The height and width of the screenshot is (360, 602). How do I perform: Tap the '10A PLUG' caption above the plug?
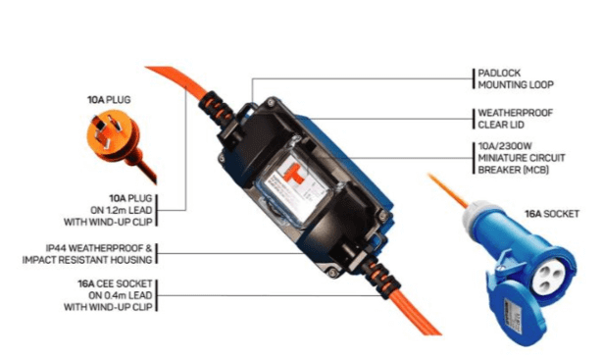[108, 100]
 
